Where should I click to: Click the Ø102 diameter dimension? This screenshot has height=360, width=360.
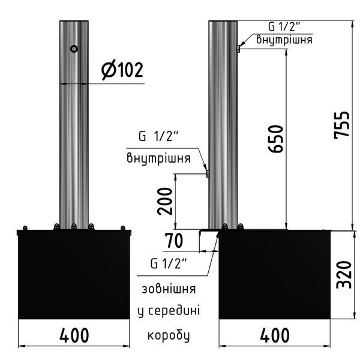tap(122, 70)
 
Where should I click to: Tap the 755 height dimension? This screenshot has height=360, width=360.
tap(341, 125)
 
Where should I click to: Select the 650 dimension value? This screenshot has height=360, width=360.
tap(275, 139)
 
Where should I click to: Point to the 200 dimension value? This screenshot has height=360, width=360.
tap(164, 202)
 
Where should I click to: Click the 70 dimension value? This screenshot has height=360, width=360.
tap(175, 241)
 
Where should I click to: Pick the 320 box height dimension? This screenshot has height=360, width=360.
tap(344, 275)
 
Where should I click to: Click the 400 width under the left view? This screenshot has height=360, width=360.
tap(74, 335)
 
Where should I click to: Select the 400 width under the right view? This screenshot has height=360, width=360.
tap(275, 335)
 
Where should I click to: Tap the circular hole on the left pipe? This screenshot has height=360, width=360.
tap(74, 49)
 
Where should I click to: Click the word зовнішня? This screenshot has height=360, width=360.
tap(169, 289)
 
